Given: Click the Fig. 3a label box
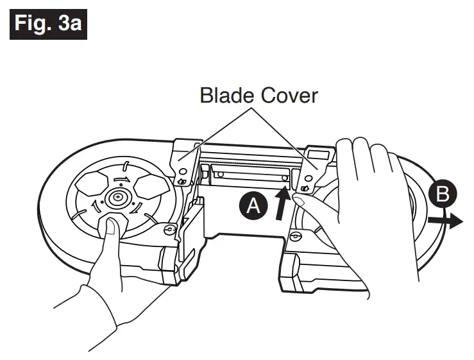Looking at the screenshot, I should click(x=48, y=24).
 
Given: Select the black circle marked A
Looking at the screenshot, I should click(x=254, y=206).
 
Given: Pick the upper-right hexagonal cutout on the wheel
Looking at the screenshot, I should click(x=149, y=185).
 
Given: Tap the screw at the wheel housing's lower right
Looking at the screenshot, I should click(x=170, y=229).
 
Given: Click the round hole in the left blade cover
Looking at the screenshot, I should click(x=185, y=171).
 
